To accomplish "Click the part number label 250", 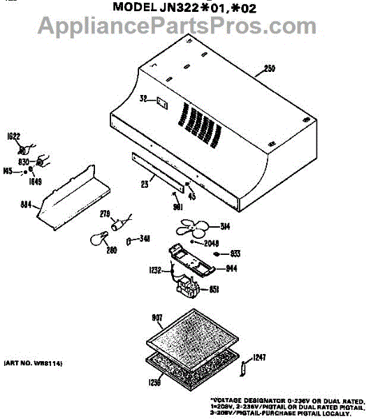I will click(x=271, y=68).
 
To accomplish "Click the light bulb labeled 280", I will click(x=96, y=240).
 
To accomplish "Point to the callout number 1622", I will click(x=13, y=137).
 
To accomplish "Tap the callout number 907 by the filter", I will click(x=157, y=318).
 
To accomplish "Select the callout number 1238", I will click(x=154, y=382).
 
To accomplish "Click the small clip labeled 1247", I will click(x=244, y=367).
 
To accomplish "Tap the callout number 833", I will click(x=235, y=253).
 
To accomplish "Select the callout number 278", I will click(x=106, y=214).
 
